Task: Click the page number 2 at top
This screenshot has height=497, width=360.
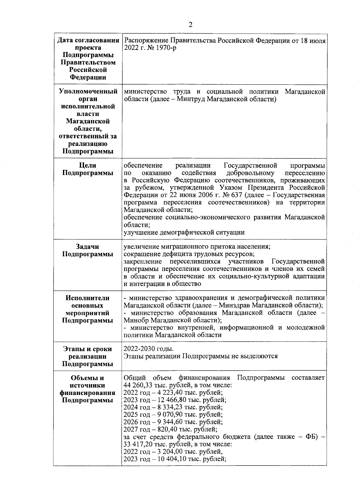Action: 190,25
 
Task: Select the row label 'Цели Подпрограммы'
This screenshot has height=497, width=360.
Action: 88,169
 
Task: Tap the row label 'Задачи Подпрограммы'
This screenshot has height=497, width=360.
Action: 88,250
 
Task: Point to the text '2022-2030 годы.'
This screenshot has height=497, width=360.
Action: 148,349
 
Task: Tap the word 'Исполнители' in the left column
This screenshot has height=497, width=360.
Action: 88,298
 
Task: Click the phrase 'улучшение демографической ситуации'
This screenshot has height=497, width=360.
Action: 184,232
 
